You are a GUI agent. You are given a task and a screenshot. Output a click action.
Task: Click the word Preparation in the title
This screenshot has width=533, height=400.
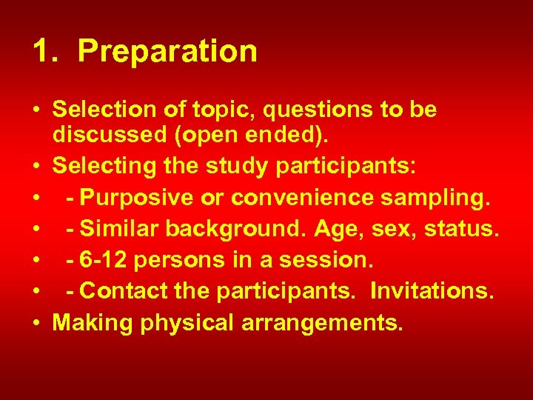pos(167,52)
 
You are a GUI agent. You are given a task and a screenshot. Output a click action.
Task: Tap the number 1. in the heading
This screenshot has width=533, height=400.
pos(46,52)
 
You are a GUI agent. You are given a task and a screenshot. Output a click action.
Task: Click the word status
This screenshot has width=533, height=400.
pos(464,230)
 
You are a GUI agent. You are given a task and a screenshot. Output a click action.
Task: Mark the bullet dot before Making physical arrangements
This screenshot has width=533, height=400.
pos(37,324)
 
